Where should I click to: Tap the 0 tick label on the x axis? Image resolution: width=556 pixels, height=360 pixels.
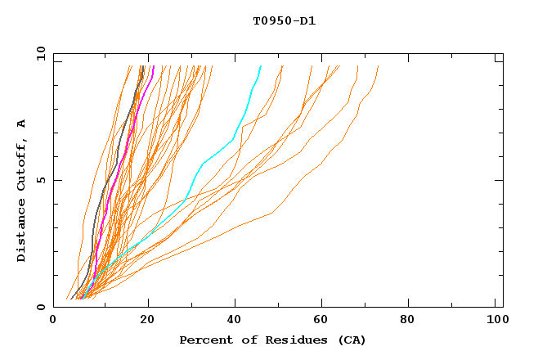[53, 321]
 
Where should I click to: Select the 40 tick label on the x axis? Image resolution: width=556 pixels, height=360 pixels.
[235, 321]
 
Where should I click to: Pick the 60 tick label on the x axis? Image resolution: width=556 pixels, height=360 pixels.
[325, 321]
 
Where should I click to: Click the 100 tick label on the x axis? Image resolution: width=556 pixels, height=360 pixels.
[495, 321]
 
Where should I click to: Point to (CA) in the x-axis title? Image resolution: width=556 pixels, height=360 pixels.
[351, 340]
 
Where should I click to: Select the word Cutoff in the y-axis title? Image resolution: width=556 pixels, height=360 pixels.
[22, 161]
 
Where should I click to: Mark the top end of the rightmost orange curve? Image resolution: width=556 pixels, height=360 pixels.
[379, 66]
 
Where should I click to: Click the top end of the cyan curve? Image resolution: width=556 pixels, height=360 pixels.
[261, 66]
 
